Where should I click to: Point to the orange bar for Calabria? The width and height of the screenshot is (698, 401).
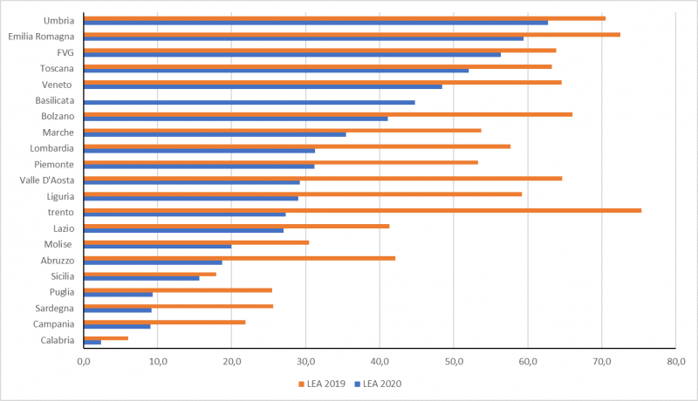coord(106,338)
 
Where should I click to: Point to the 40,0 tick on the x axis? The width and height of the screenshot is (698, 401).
coord(380,359)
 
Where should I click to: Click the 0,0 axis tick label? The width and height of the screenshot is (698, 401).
coord(84,359)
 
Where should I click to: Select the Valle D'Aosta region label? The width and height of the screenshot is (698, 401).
coord(46,180)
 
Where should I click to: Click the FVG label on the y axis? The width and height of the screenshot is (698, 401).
coord(65,52)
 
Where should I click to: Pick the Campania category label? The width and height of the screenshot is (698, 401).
coord(54,324)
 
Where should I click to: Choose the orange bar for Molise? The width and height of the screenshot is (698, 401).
coord(196,242)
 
